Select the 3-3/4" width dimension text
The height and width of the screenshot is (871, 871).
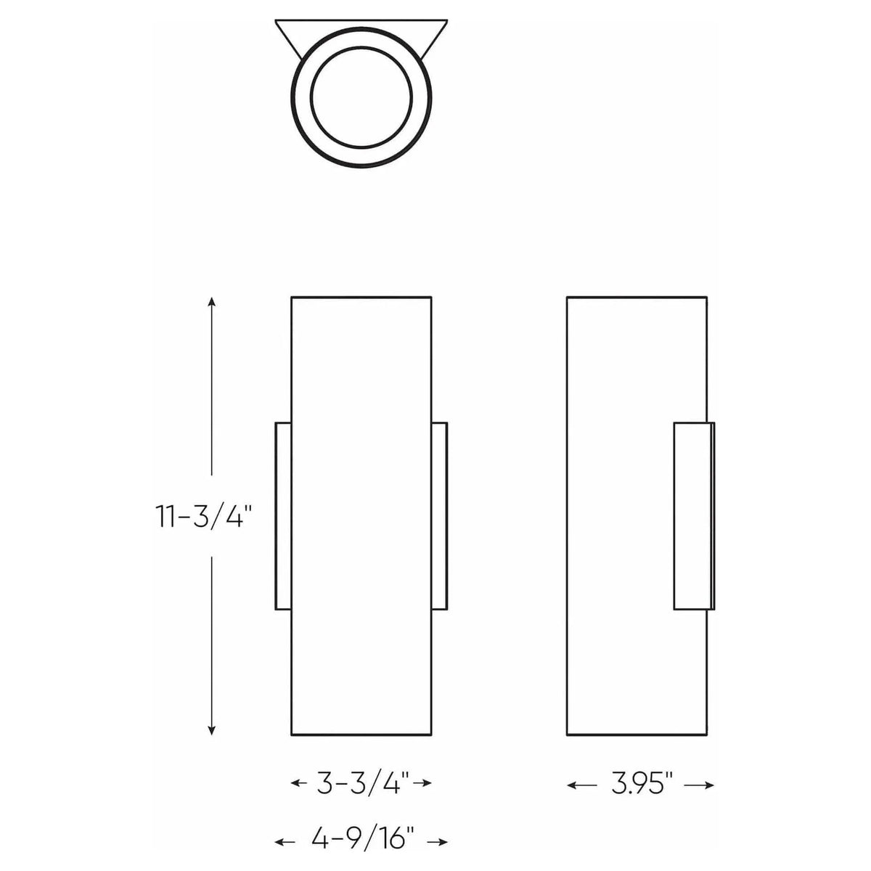point(361,783)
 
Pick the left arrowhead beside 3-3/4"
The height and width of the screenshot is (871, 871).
point(295,783)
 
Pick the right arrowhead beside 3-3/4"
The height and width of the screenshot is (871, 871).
point(428,783)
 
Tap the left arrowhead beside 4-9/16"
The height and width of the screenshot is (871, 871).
point(279,843)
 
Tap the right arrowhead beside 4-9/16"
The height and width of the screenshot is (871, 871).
point(443,843)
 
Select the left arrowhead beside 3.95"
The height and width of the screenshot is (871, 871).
point(571,785)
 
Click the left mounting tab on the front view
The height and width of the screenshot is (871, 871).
point(282,515)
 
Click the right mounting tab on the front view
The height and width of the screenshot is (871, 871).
point(439,515)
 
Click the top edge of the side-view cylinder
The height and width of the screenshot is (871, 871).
point(637,297)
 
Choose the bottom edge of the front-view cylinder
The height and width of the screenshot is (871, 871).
point(361,735)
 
